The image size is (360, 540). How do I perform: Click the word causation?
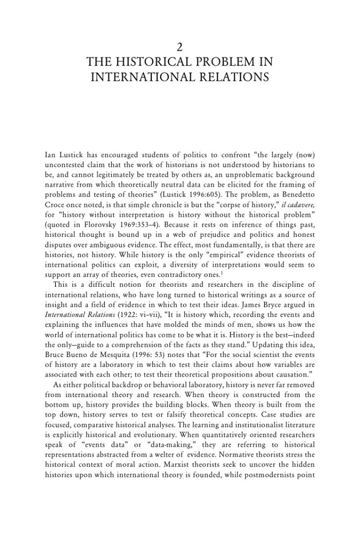[296, 359]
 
